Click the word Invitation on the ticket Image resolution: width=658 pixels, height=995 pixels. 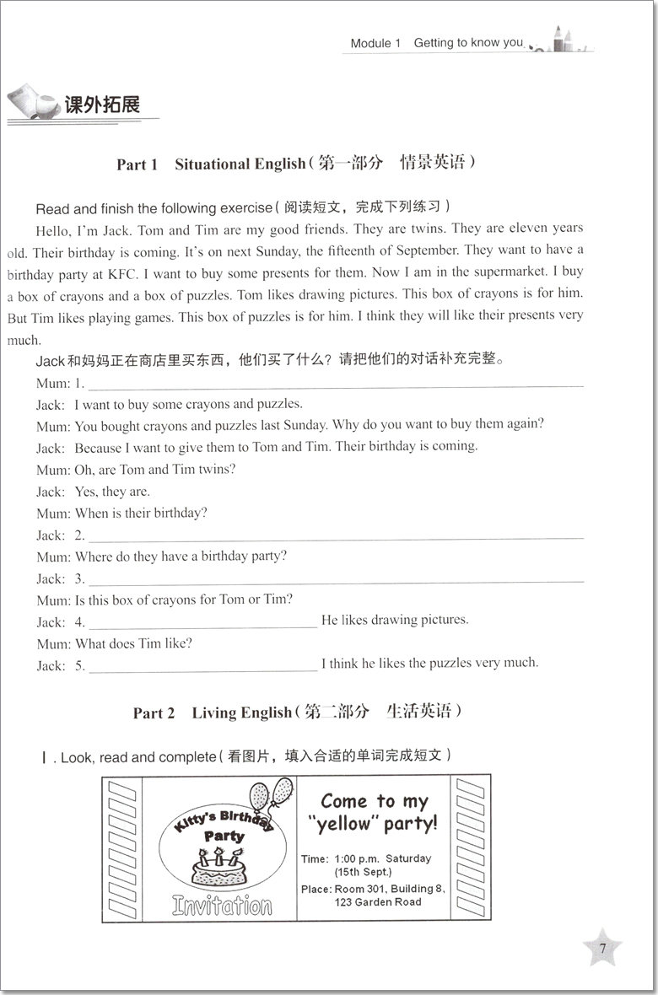point(223,906)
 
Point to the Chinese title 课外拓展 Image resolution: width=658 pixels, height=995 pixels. point(101,105)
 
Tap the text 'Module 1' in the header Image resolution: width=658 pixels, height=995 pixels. point(375,43)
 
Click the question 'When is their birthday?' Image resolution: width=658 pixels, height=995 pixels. point(142,513)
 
